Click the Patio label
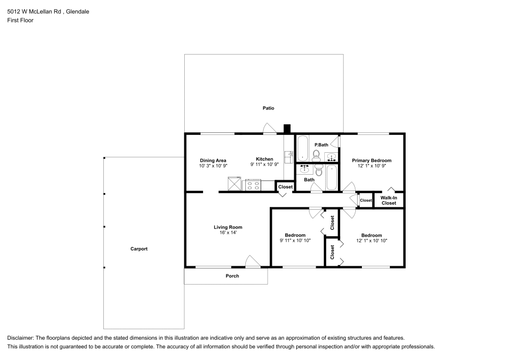coord(268,108)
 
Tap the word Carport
coord(139,249)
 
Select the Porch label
coord(232,276)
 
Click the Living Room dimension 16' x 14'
coord(228,233)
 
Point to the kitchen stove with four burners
coord(253,185)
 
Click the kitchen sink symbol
coord(288,157)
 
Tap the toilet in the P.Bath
coord(316,155)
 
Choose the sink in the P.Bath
coord(331,156)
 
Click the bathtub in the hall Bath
coord(331,177)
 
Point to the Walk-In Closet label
coord(388,200)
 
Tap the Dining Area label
coord(213,160)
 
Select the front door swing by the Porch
coord(252,261)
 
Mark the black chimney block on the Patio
coord(287,129)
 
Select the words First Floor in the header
coord(20,20)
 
